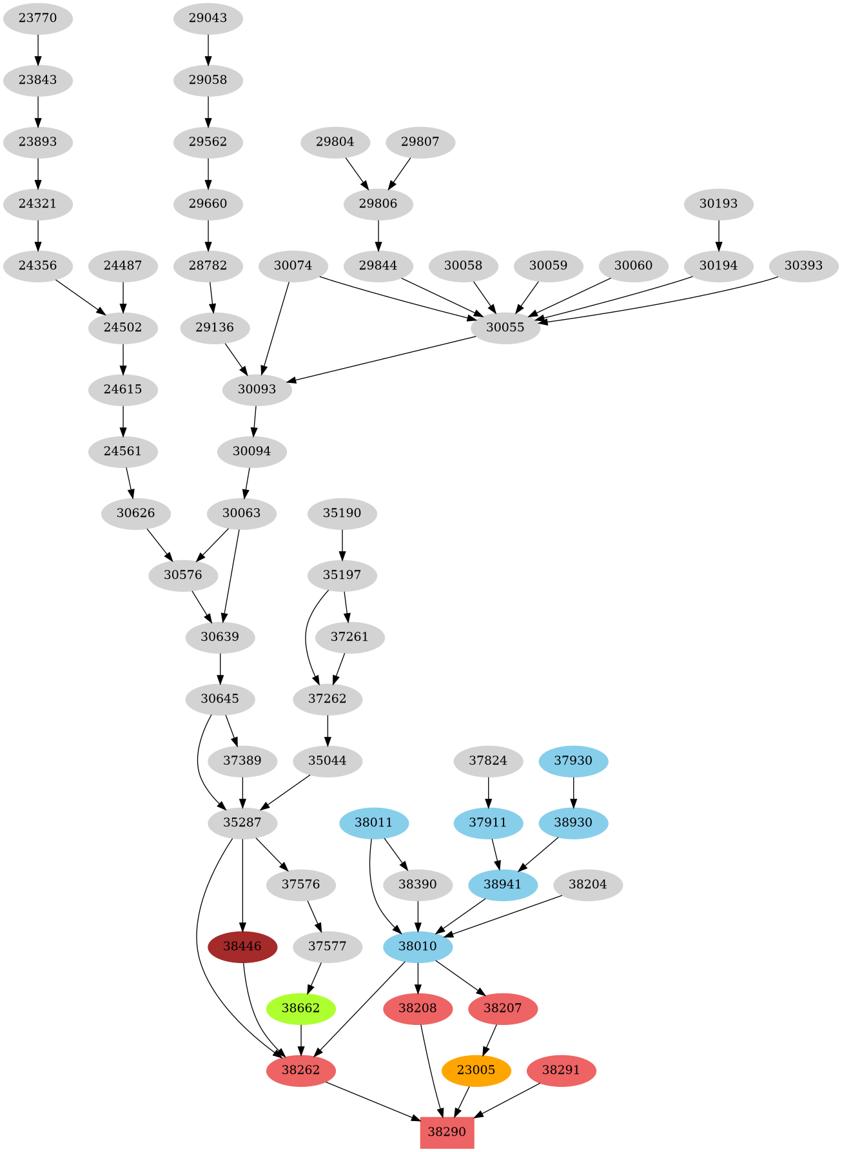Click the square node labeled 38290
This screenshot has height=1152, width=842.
pos(447,1132)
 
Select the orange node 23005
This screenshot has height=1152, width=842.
pos(476,1070)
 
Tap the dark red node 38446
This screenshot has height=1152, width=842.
pos(242,946)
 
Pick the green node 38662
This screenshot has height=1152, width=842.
pos(300,1008)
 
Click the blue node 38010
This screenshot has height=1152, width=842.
pos(418,946)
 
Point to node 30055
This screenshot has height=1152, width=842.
pos(505,327)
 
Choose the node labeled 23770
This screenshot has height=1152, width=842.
pos(37,18)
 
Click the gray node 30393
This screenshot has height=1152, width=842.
pos(803,266)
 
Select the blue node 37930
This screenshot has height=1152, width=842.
pos(573,761)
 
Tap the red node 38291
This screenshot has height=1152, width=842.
pos(561,1070)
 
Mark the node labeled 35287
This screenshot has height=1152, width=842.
pos(242,823)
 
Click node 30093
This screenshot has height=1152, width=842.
pos(257,389)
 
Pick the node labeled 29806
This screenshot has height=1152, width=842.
pos(378,204)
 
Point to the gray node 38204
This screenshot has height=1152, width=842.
pos(588,884)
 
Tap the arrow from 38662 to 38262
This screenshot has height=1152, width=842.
pos(300,1039)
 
